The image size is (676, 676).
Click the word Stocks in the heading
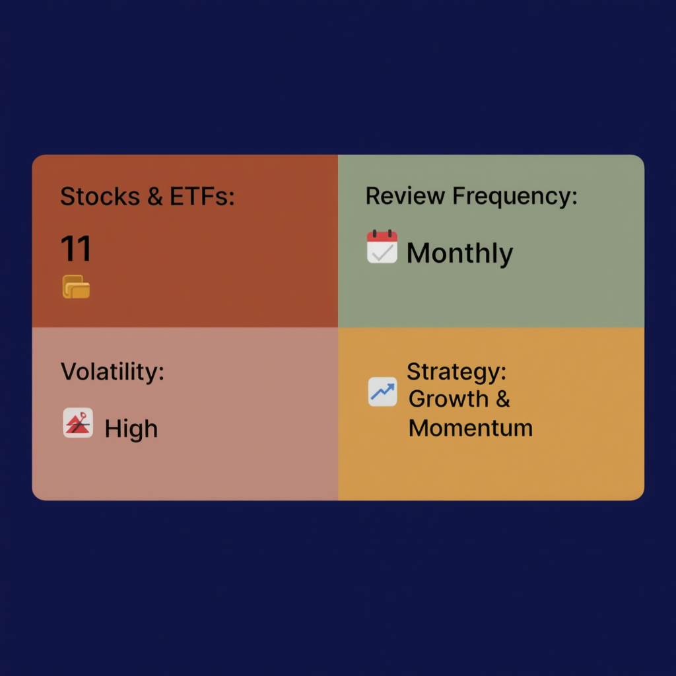point(100,197)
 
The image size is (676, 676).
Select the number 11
point(76,250)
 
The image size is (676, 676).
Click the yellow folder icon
point(76,287)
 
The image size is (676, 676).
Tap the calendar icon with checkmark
point(382,248)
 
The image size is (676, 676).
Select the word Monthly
point(459,253)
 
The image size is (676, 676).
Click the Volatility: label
point(112,372)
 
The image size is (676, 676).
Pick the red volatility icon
point(78,422)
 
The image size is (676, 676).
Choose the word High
point(131,429)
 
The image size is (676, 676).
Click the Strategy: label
point(456,372)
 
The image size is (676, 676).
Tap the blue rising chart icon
point(382,392)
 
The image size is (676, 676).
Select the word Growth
point(448,399)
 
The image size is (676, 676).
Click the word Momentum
point(470,428)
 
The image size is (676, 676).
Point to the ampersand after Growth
point(502,399)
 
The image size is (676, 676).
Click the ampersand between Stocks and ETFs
point(155,197)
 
